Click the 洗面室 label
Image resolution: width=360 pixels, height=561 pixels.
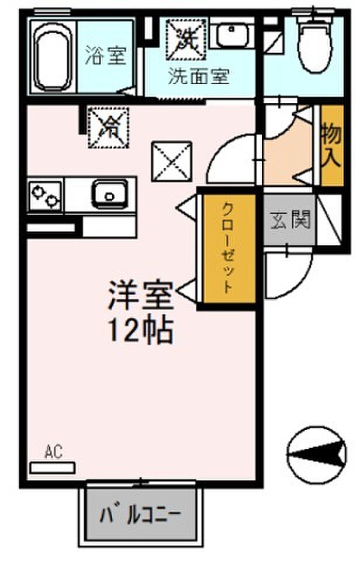tap(199, 77)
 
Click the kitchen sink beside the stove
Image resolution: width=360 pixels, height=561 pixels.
tap(110, 192)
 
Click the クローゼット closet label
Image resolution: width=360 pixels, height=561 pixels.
tap(229, 248)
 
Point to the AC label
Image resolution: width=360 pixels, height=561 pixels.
tap(53, 451)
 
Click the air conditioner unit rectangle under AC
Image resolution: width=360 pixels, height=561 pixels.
tap(53, 467)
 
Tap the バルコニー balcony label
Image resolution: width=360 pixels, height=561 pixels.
tap(140, 515)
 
